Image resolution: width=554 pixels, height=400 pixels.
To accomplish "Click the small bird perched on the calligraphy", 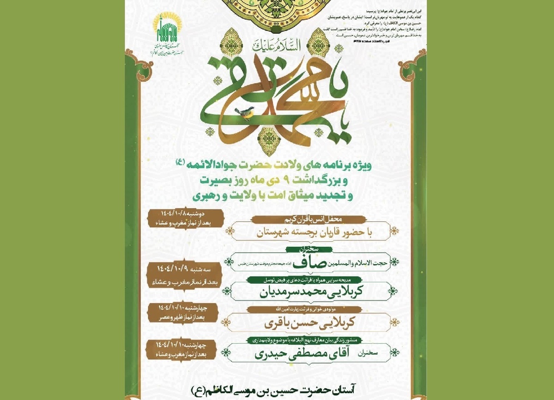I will click(x=245, y=112).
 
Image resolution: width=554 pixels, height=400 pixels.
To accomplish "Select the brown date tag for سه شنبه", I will click(x=185, y=274).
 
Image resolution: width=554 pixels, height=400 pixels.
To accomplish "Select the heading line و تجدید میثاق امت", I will click(x=277, y=196).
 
